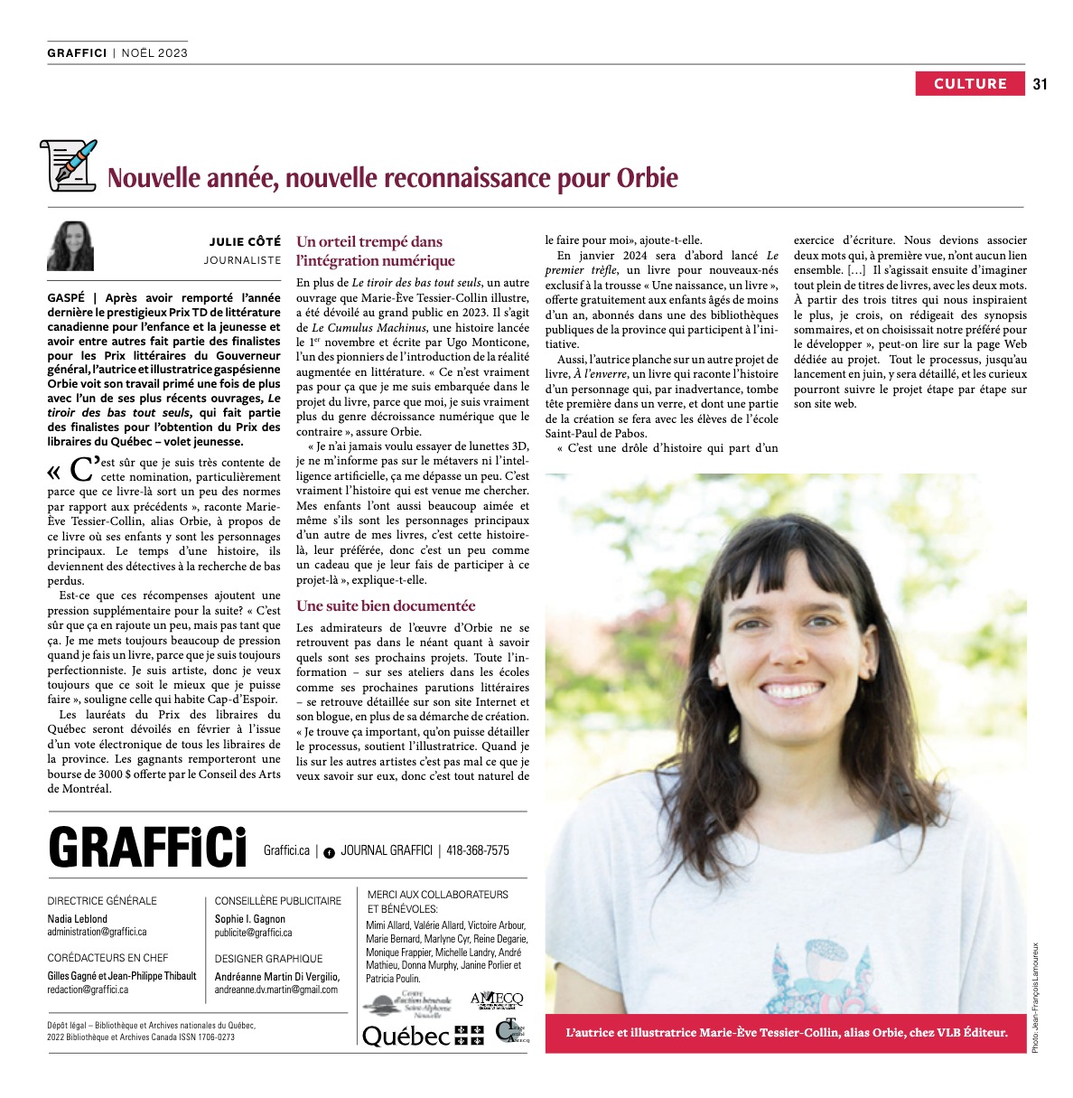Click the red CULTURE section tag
[x=970, y=84]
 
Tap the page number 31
[x=1040, y=84]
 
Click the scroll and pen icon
[x=68, y=165]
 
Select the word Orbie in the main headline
[x=647, y=177]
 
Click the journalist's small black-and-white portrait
[x=71, y=245]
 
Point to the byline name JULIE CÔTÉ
[x=245, y=242]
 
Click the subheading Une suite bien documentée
[x=386, y=605]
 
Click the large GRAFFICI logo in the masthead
[x=147, y=848]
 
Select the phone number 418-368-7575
[x=477, y=850]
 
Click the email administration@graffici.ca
[x=97, y=932]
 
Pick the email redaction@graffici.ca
[x=88, y=990]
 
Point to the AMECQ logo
[x=497, y=999]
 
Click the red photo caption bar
[x=786, y=1032]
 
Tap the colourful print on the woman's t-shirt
[x=801, y=971]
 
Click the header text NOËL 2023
[x=154, y=52]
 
